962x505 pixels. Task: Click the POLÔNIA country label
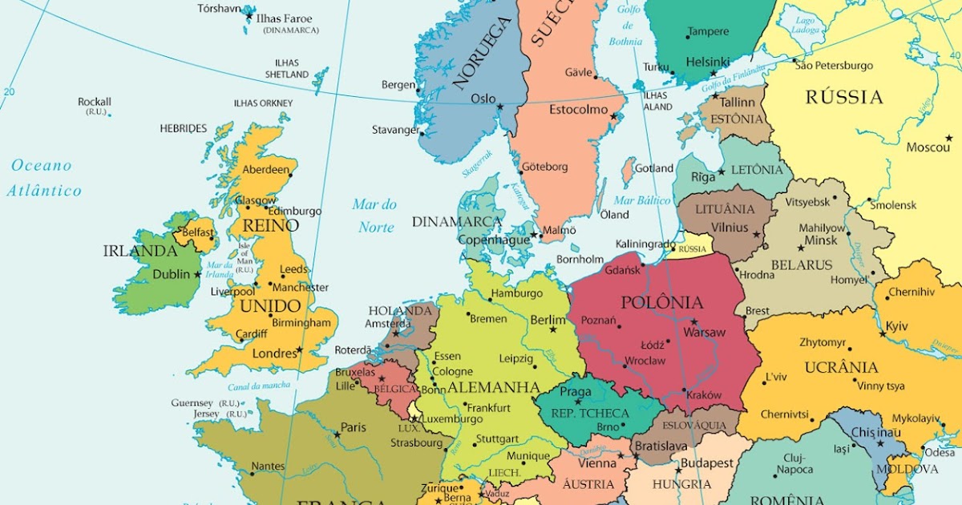coord(662,303)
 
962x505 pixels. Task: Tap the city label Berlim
coord(548,320)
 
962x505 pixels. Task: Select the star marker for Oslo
coord(500,107)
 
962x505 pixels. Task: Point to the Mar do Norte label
coord(375,216)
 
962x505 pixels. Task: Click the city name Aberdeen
coord(265,170)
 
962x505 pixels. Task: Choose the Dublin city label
coord(172,274)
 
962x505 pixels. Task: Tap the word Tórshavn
coord(220,9)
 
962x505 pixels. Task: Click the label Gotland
coord(654,168)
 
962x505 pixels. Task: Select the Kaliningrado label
coord(645,244)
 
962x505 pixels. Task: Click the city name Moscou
coord(928,147)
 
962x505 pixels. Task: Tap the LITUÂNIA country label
coord(725,209)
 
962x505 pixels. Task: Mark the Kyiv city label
coord(896,326)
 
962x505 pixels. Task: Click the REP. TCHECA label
coord(590,414)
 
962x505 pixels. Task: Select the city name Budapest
coord(707,463)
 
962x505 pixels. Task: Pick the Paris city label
coord(354,427)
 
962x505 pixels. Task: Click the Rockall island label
coord(95,102)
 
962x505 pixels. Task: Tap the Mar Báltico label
coord(642,200)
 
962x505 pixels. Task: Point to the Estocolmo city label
coord(579,110)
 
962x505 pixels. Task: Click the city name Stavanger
coord(395,130)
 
